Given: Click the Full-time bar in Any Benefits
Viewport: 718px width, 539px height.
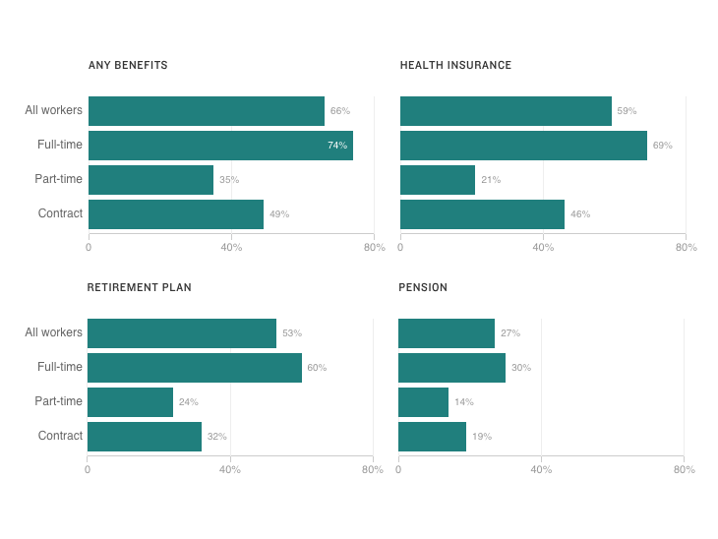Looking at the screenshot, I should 220,146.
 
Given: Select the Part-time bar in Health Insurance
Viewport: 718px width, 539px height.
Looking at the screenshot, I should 438,180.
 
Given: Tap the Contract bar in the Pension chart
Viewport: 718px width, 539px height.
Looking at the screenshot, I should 432,437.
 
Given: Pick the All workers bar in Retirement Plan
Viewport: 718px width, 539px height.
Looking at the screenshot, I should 182,333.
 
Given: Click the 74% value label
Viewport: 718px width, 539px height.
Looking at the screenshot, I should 337,146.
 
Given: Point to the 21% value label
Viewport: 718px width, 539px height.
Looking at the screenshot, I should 490,180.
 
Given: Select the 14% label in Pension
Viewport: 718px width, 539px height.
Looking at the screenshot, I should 463,402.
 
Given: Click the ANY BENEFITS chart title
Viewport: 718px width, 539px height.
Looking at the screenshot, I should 128,66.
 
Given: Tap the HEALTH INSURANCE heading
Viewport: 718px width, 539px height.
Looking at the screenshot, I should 455,66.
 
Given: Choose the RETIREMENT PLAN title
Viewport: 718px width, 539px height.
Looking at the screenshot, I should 139,288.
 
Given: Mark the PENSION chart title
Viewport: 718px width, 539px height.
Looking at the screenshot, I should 423,288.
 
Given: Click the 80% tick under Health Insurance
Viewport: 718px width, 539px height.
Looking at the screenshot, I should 686,248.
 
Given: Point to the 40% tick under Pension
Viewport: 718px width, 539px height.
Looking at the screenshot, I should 541,470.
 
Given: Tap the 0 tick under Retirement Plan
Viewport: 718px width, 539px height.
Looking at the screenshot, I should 88,470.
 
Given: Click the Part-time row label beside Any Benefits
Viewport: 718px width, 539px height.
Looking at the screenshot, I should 58,180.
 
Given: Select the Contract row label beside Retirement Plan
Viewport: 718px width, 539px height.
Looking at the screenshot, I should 60,437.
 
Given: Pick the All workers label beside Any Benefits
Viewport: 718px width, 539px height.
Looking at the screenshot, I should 53,111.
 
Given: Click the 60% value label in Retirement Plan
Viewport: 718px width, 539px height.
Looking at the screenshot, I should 317,368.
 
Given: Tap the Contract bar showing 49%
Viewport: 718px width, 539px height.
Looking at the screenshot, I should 176,214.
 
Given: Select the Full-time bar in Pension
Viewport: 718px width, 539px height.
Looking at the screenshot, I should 451,368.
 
